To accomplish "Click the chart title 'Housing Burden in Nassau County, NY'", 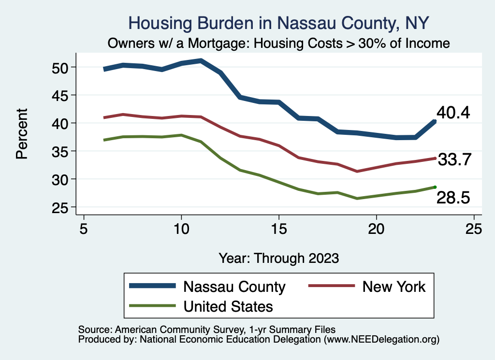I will click(279, 23).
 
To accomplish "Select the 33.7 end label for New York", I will click(454, 159).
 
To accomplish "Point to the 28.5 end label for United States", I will click(453, 197).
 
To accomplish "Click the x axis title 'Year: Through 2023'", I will click(279, 258).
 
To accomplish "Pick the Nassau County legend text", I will click(234, 287).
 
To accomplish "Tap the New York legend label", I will click(394, 287).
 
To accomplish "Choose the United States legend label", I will click(228, 306).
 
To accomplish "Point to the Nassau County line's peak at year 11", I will click(201, 61).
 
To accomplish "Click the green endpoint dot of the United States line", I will click(435, 187).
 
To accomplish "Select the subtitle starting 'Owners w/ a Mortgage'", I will click(279, 43).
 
